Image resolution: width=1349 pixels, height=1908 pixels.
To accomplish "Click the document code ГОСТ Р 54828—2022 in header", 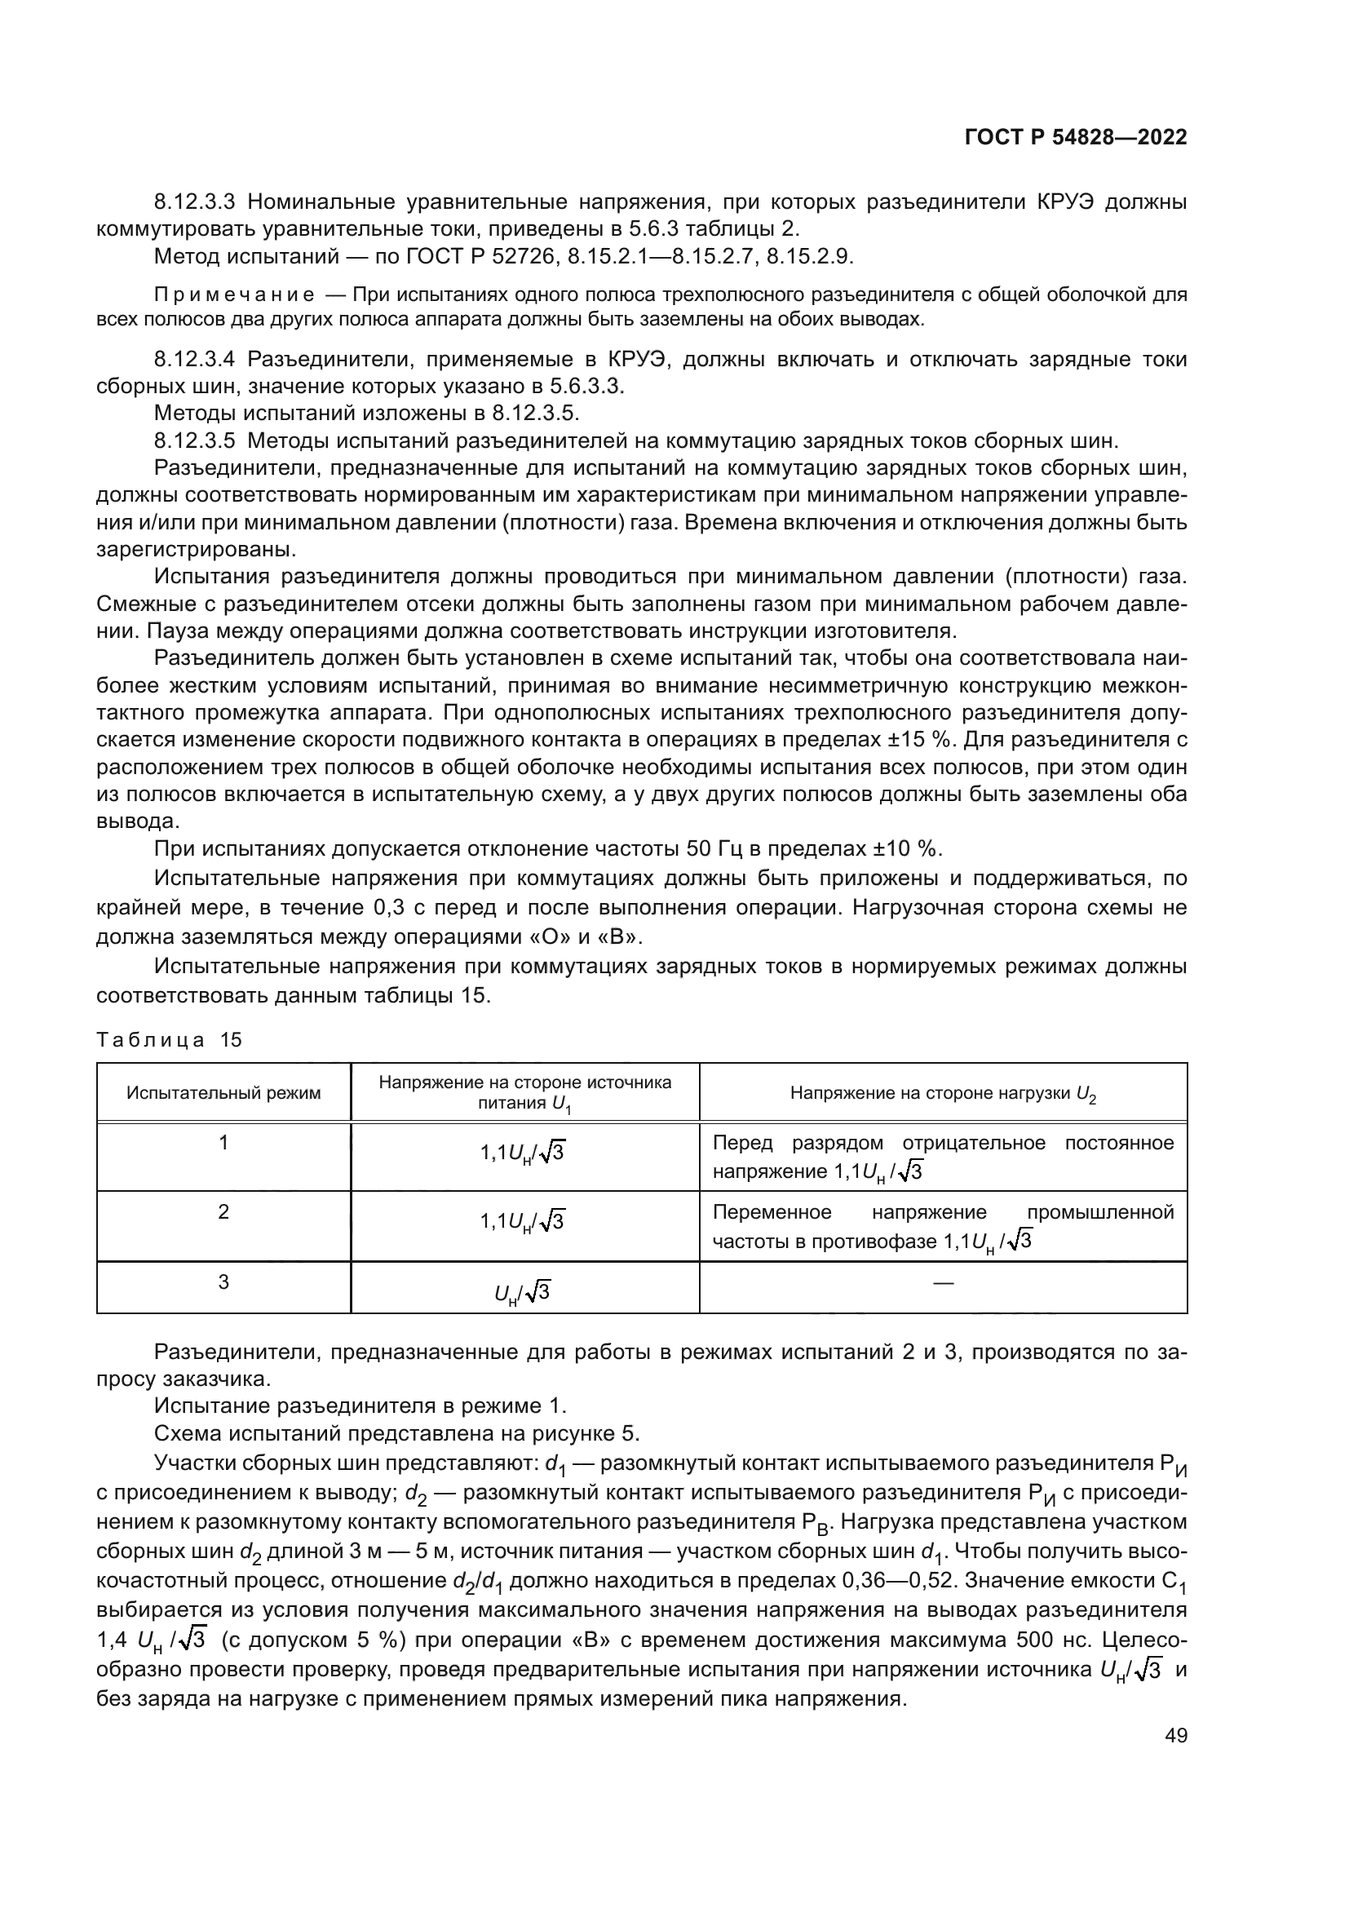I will pyautogui.click(x=1076, y=137).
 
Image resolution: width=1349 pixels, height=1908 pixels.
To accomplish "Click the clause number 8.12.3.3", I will pyautogui.click(x=195, y=202).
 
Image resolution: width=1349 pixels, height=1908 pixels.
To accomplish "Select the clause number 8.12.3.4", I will pyautogui.click(x=195, y=360).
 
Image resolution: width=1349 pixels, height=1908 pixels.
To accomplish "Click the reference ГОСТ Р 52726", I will pyautogui.click(x=481, y=257).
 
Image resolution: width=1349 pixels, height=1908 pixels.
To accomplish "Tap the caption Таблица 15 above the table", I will pyautogui.click(x=170, y=1039).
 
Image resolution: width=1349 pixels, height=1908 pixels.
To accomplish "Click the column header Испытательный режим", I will pyautogui.click(x=223, y=1093).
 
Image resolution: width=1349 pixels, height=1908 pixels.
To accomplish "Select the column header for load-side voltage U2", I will pyautogui.click(x=943, y=1094).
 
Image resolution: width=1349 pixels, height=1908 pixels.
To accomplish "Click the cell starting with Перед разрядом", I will pyautogui.click(x=943, y=1157).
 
